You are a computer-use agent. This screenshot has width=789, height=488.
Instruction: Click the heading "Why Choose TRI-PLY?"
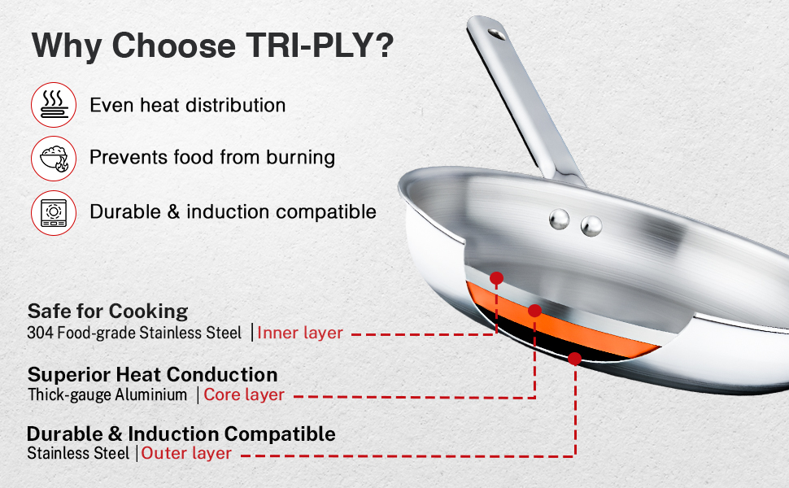click(212, 46)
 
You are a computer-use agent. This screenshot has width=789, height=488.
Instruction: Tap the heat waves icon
click(54, 105)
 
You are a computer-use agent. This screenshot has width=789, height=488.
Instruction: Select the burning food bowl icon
click(54, 159)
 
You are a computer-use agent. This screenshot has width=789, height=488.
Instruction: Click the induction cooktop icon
click(54, 213)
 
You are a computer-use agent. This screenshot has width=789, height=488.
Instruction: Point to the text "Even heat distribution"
click(188, 105)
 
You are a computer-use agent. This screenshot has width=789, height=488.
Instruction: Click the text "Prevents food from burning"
click(212, 158)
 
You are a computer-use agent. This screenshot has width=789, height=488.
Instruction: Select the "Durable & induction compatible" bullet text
click(233, 211)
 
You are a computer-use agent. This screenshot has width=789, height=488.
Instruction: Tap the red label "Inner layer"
click(300, 333)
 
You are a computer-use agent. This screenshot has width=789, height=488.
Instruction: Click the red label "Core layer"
click(244, 395)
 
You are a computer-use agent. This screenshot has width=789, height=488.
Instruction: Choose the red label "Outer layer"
click(186, 453)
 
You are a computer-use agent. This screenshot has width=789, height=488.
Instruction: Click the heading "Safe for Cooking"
click(107, 312)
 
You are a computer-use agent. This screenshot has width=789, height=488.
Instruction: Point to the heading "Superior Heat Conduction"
click(152, 375)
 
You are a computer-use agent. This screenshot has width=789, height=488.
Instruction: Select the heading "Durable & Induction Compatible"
click(181, 434)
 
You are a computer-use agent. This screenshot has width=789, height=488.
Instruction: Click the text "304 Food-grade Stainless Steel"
click(134, 333)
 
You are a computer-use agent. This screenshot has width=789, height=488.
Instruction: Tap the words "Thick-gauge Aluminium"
click(107, 395)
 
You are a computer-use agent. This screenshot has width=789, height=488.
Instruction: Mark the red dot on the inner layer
click(497, 278)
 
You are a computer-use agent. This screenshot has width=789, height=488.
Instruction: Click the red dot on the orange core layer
click(535, 311)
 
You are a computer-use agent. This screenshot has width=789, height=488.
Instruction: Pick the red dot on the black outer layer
click(574, 359)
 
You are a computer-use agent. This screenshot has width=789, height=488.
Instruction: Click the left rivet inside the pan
click(559, 220)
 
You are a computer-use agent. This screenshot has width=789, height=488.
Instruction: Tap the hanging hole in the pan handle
click(497, 34)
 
